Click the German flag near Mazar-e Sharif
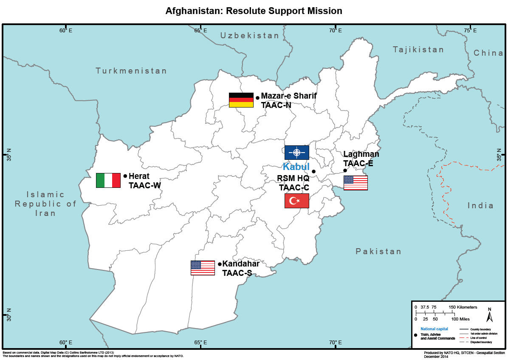click(241, 100)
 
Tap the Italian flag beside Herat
click(108, 180)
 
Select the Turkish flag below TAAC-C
click(296, 201)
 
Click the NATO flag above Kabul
click(296, 153)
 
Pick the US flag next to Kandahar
click(203, 268)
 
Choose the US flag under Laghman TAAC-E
click(356, 183)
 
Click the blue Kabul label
click(296, 167)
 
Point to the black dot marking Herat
click(125, 176)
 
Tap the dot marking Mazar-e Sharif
click(257, 98)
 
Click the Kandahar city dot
click(220, 264)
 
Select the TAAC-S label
click(237, 273)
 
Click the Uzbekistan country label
click(249, 36)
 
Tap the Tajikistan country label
click(418, 50)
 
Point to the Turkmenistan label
click(131, 71)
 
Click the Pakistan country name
click(378, 252)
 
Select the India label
click(480, 206)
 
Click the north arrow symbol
click(489, 315)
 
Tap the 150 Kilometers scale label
click(463, 307)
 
